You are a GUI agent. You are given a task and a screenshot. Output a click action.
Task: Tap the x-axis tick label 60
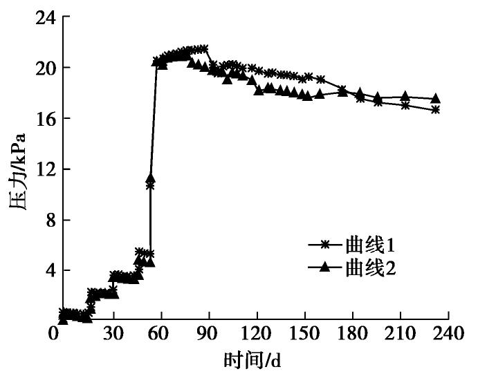(160, 334)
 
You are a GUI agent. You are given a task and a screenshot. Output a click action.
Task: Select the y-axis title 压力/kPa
(18, 169)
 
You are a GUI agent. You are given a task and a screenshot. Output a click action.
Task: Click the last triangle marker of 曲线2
(435, 99)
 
